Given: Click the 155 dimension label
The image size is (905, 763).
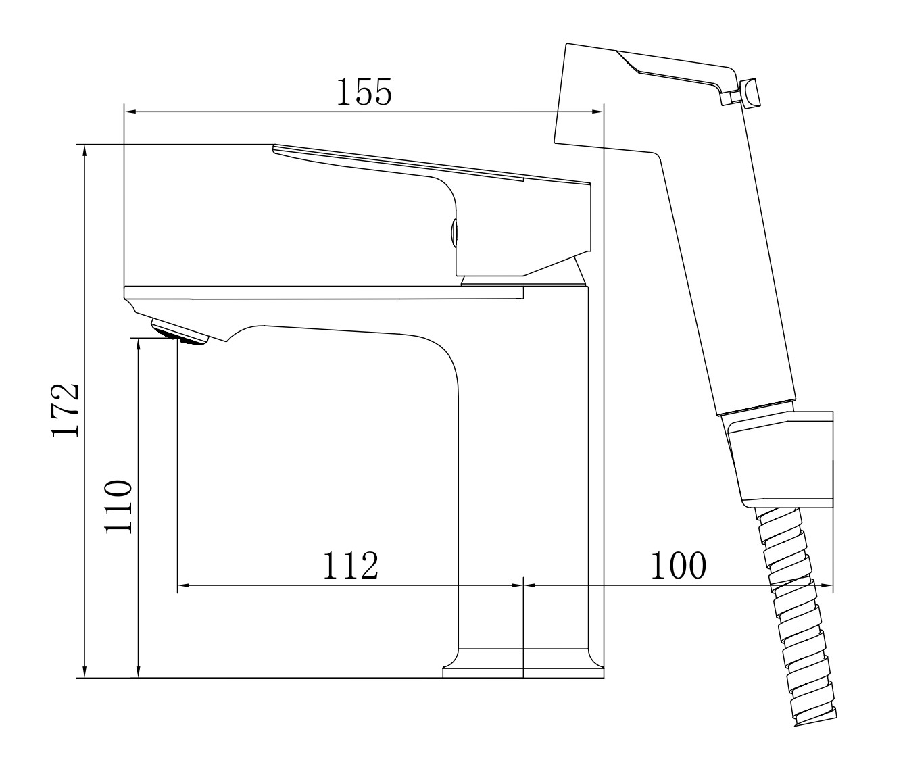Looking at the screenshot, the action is click(x=364, y=91).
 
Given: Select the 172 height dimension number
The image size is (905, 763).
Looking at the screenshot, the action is click(x=66, y=410).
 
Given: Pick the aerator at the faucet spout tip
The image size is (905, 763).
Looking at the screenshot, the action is click(x=179, y=332).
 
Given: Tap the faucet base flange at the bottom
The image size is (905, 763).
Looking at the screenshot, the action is click(x=523, y=672).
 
